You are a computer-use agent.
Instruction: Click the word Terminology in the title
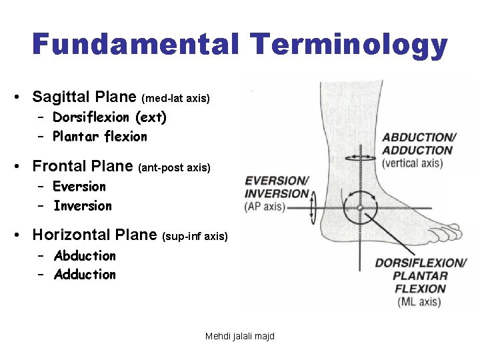click(x=349, y=45)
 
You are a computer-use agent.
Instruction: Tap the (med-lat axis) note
click(x=176, y=99)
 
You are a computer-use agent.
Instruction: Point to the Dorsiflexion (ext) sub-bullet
click(x=110, y=117)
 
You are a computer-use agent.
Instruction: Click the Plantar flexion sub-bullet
click(x=100, y=137)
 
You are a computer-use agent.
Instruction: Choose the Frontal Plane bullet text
click(x=83, y=165)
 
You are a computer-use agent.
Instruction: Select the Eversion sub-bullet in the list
click(x=79, y=187)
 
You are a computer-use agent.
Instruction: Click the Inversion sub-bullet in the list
click(x=83, y=206)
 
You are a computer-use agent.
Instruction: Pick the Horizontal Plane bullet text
click(x=95, y=235)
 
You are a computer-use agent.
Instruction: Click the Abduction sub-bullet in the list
click(x=85, y=256)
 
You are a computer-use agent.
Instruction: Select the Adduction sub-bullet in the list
click(x=85, y=275)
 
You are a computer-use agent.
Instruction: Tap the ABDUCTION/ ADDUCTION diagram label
click(x=418, y=144)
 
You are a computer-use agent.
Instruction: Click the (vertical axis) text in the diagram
click(x=417, y=163)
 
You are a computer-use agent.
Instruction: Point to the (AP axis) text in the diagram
click(x=265, y=207)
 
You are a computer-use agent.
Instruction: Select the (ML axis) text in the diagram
click(x=419, y=302)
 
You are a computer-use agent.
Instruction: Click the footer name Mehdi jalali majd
click(x=240, y=336)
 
